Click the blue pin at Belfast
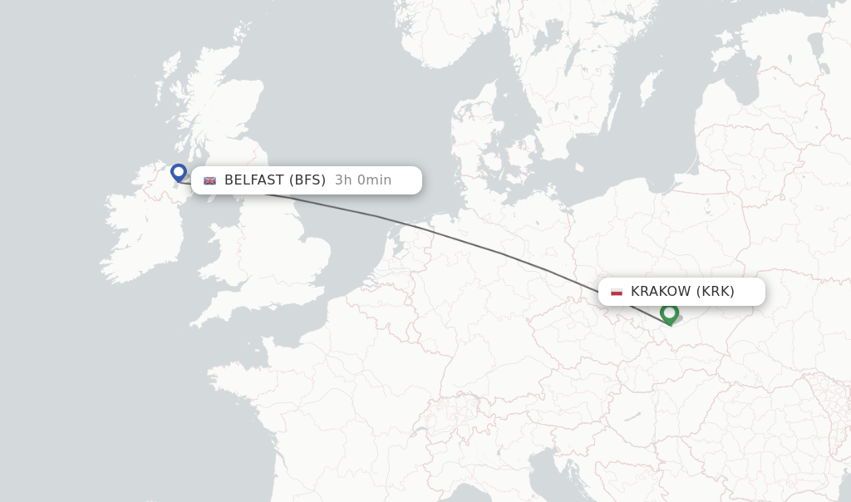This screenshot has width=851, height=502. pyautogui.click(x=178, y=172)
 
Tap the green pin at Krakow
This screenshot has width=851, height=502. pyautogui.click(x=669, y=313)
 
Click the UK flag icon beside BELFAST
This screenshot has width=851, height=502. pyautogui.click(x=209, y=180)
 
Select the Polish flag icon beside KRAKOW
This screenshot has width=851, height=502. pyautogui.click(x=616, y=292)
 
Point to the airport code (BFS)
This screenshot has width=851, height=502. pyautogui.click(x=307, y=180)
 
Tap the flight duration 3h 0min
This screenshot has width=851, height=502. pyautogui.click(x=363, y=180)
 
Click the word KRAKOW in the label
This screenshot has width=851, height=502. pyautogui.click(x=661, y=291)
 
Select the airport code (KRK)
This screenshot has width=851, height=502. pyautogui.click(x=716, y=291)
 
